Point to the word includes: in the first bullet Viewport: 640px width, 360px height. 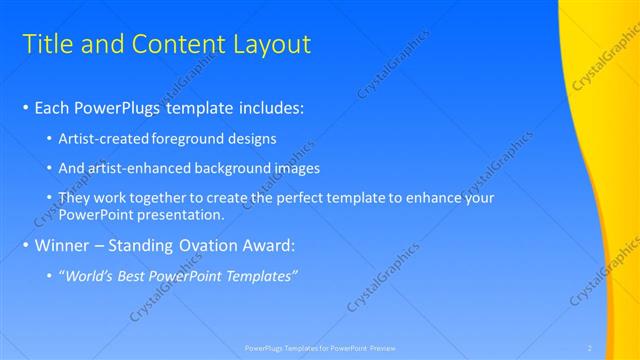263,107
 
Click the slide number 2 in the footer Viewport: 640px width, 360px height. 590,347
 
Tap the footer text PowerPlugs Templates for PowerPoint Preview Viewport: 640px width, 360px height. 320,347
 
